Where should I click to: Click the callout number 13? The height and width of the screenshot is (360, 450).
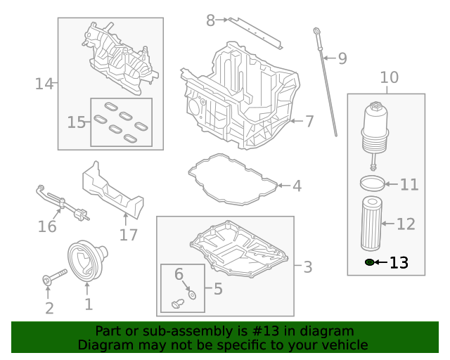(x=399, y=263)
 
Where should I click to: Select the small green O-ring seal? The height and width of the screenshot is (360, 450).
(x=369, y=262)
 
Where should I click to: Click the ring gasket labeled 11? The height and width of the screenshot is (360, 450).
(x=373, y=184)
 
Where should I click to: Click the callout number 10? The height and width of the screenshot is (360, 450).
(x=389, y=77)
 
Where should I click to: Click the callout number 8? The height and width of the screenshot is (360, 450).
(x=210, y=20)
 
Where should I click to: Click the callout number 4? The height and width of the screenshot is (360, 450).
(x=297, y=186)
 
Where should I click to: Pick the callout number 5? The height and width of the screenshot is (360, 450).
(x=218, y=288)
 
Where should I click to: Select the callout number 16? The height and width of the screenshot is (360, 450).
(x=47, y=226)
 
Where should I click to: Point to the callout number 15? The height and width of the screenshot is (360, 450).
(x=76, y=122)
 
